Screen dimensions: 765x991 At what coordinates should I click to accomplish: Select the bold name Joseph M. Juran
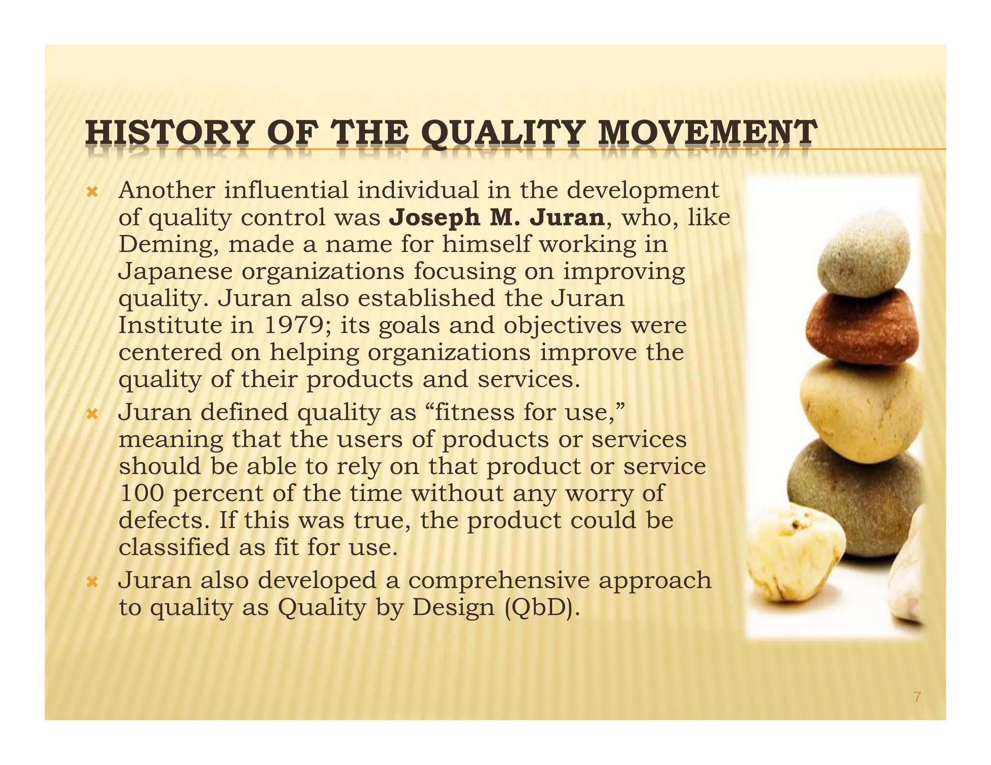(497, 218)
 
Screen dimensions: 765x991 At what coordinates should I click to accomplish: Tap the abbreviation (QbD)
(541, 608)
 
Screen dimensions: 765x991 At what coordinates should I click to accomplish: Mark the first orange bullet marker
(92, 192)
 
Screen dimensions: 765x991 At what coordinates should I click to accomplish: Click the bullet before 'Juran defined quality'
(92, 414)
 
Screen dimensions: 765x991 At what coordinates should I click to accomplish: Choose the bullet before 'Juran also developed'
(92, 582)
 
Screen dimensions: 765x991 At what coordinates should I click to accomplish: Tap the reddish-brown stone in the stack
(861, 326)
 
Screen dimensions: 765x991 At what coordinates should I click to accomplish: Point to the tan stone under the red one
(861, 411)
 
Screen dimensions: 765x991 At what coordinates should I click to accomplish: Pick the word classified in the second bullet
(174, 548)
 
